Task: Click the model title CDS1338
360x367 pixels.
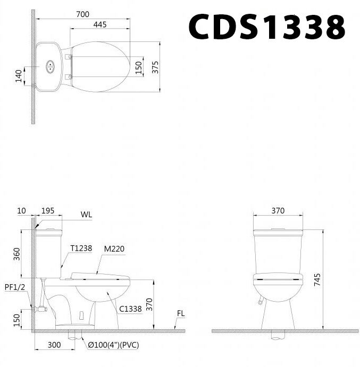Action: [267, 27]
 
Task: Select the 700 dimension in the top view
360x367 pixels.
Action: [82, 14]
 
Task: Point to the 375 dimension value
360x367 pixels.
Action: [155, 67]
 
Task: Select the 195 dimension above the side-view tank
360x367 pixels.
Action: [48, 211]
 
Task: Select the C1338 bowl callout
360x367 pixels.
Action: [130, 309]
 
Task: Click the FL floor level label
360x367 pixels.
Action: [181, 314]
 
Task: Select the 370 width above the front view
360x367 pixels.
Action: [278, 211]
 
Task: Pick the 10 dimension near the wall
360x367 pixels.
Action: [21, 211]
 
